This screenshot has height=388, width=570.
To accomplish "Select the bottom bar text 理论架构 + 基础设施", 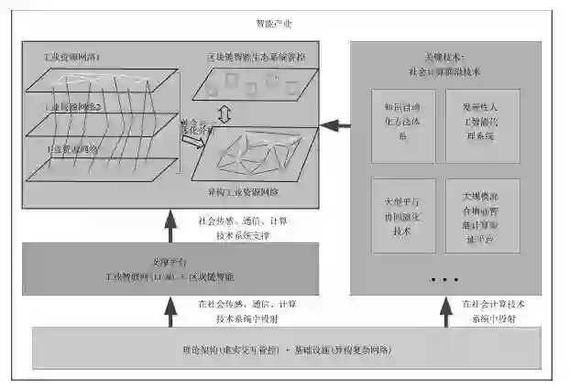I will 284,350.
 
